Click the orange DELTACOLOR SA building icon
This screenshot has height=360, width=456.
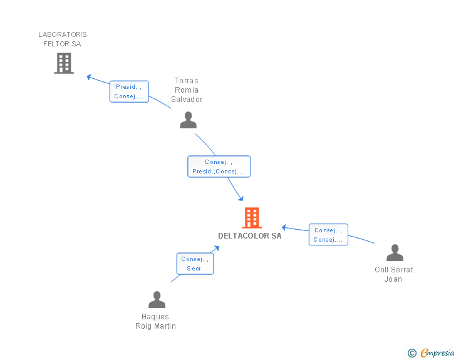pyautogui.click(x=251, y=218)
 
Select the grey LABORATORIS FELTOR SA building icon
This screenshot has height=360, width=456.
pyautogui.click(x=63, y=63)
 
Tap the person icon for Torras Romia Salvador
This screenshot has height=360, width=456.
pyautogui.click(x=188, y=120)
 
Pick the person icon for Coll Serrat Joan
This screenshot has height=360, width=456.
pyautogui.click(x=395, y=253)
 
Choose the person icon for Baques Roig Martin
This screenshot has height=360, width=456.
pyautogui.click(x=157, y=299)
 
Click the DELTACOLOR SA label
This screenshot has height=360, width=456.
pyautogui.click(x=250, y=236)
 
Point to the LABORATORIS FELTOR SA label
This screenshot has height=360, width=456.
pyautogui.click(x=63, y=39)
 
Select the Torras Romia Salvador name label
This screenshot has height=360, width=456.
pyautogui.click(x=187, y=90)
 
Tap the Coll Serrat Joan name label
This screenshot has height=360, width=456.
pyautogui.click(x=394, y=274)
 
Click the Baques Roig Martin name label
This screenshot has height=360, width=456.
pyautogui.click(x=155, y=321)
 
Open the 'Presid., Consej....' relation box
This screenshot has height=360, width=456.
pyautogui.click(x=130, y=92)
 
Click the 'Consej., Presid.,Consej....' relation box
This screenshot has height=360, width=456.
pyautogui.click(x=219, y=167)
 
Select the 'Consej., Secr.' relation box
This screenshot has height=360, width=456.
pyautogui.click(x=195, y=264)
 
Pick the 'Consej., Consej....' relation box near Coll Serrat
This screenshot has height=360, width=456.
pyautogui.click(x=328, y=235)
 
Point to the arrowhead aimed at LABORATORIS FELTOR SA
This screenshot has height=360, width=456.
pyautogui.click(x=89, y=77)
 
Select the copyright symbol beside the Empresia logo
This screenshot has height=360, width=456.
pyautogui.click(x=412, y=353)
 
